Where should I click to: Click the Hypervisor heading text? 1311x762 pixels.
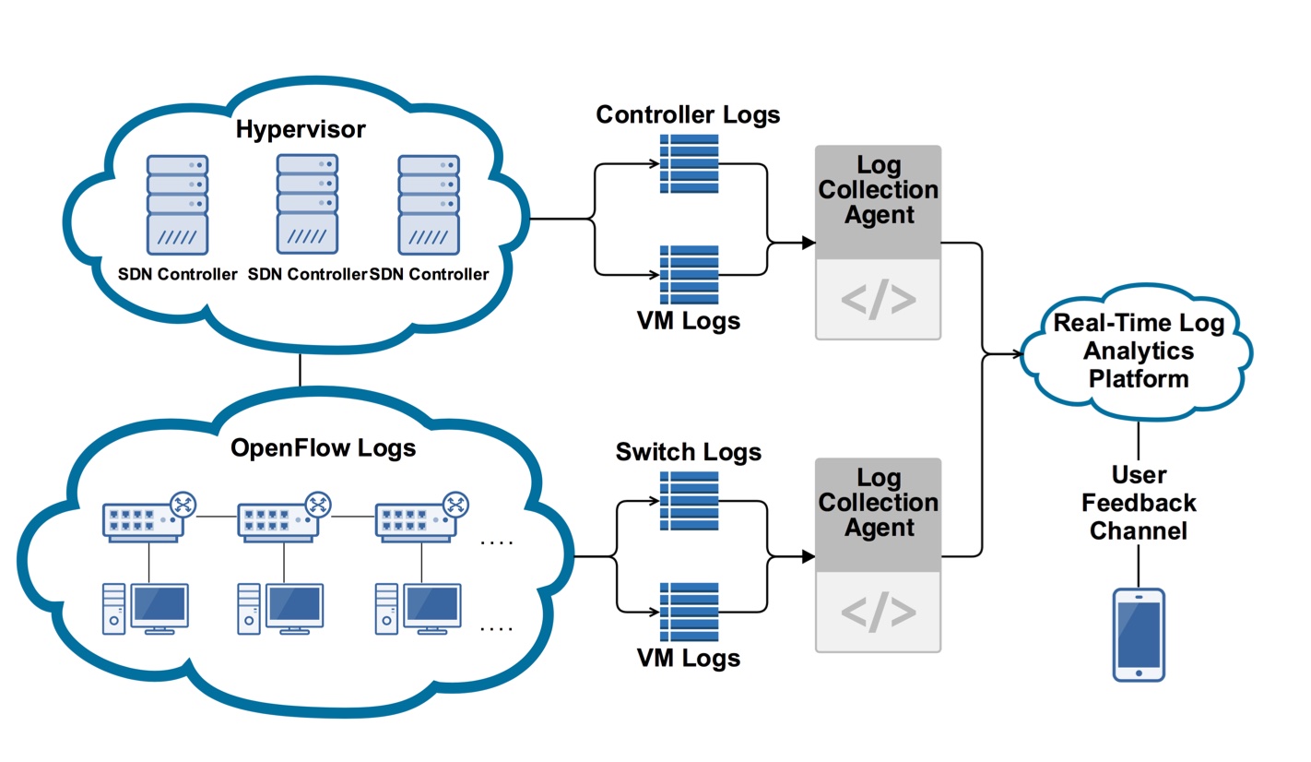300,129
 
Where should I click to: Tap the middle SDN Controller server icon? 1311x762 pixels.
307,202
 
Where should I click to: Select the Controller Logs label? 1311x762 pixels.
688,114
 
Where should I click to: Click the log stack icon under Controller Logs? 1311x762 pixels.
690,163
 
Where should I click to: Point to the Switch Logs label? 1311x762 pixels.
688,452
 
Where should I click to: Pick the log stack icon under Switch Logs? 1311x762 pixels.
690,501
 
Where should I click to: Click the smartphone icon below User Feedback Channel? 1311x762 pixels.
1139,635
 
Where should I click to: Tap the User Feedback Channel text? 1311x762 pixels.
1139,504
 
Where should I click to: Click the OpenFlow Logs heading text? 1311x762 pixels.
323,448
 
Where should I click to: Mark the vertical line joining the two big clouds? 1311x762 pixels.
301,370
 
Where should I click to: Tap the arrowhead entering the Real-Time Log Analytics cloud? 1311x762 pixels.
1018,352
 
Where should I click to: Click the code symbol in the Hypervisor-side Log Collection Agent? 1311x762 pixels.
878,299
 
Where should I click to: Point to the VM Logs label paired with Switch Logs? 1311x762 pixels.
688,658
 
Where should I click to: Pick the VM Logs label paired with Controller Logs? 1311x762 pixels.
688,321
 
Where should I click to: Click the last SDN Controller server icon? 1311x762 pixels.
429,204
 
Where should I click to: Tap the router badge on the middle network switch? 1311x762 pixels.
318,504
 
